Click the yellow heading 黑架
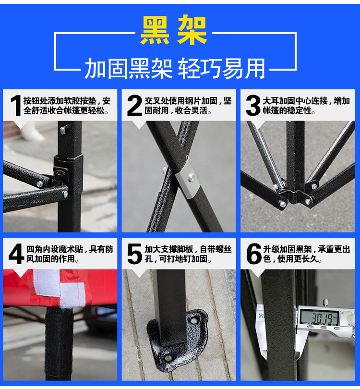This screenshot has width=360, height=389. pos(174,30)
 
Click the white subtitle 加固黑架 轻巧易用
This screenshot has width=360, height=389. pos(175,68)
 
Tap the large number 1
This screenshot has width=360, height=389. pos(16,106)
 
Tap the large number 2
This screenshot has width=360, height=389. pos(134,106)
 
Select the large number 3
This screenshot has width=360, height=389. pos(253,106)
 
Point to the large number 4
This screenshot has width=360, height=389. pos(16,254)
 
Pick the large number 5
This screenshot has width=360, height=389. pos(134,254)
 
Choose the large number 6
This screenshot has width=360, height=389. pos(253,254)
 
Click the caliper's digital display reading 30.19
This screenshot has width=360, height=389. pos(319,317)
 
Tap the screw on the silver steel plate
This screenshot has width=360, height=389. pos(191,178)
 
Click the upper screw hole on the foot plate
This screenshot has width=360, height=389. pos(193,320)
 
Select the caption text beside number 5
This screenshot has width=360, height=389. pos(188,254)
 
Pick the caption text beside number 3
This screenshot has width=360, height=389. pos(306,106)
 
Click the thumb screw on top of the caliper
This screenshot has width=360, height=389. pos(325,303)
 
